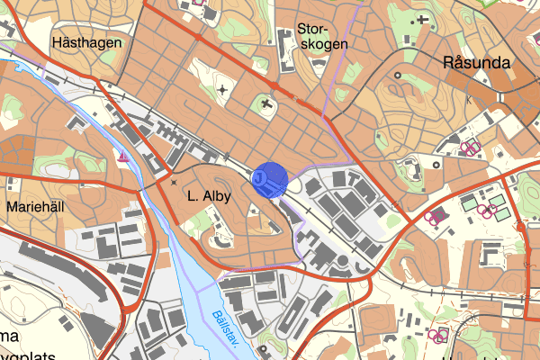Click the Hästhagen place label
point(86,42)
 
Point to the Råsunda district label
point(477,63)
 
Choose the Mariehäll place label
point(37,206)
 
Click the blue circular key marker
point(269,180)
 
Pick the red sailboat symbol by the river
point(121,159)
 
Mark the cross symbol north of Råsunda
point(422,19)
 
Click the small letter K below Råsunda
point(468,101)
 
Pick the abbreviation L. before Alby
point(193,195)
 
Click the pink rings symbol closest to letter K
point(469,146)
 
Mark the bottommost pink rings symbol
point(438,336)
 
